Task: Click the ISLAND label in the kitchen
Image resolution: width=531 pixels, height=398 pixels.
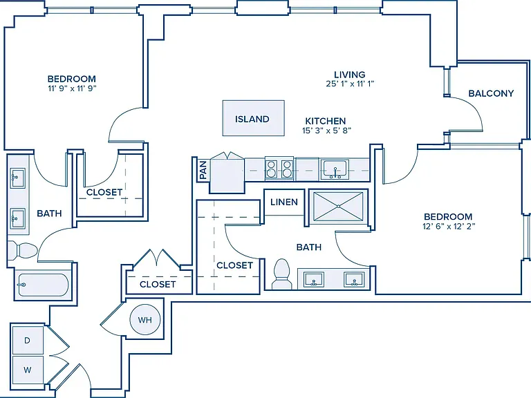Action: pos(252,119)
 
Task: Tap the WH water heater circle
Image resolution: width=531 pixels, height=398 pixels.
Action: pos(145,319)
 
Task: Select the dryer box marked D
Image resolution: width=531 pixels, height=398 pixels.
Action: pos(28,341)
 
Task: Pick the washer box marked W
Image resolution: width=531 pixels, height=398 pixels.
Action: pos(28,370)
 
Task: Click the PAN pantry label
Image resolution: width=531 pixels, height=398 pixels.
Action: pos(203,170)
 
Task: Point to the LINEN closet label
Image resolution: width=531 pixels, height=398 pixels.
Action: pos(283,202)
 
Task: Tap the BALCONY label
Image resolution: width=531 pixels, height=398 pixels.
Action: pos(491,93)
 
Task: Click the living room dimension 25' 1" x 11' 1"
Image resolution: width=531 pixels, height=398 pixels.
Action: pos(350,84)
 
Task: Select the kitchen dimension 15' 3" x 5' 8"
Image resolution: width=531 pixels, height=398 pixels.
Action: pos(326,131)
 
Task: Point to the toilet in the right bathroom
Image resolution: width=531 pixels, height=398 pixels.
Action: pos(281,274)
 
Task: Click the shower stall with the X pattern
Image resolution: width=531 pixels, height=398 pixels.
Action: pos(338,206)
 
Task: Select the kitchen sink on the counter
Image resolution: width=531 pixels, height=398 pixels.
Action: pos(335,169)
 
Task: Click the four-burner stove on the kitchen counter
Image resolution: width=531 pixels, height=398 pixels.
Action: pos(279,169)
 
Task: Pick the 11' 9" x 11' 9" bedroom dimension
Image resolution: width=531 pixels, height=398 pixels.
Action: pos(72,88)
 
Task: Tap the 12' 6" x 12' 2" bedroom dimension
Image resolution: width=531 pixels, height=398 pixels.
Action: pos(449,227)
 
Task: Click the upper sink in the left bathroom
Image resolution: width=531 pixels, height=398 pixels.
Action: pos(17,178)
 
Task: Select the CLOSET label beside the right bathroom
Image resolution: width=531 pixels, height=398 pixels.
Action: pos(234,265)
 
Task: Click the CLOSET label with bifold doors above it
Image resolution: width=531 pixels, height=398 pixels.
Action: pos(158,284)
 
